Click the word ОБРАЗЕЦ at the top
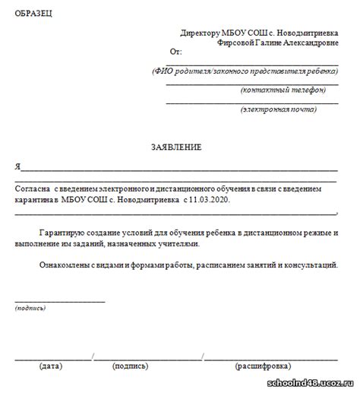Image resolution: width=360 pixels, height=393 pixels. [35, 14]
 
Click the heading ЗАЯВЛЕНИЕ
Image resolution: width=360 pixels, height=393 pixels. [175, 147]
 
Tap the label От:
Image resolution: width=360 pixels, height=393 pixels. [175, 52]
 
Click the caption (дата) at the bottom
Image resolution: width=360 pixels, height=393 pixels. [50, 366]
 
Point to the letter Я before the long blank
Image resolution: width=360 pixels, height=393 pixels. [17, 166]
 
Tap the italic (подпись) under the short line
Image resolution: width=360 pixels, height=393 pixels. [29, 308]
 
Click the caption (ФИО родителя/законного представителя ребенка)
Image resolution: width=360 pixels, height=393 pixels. [243, 70]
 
